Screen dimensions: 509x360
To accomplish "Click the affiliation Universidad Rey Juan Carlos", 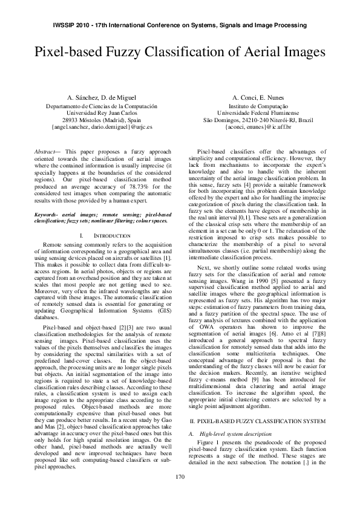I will coord(102,114).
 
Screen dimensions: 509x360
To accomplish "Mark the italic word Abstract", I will coord(44,152).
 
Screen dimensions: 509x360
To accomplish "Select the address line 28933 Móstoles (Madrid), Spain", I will coord(102,120).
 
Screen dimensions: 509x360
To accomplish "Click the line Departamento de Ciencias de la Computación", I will coord(102,106).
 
